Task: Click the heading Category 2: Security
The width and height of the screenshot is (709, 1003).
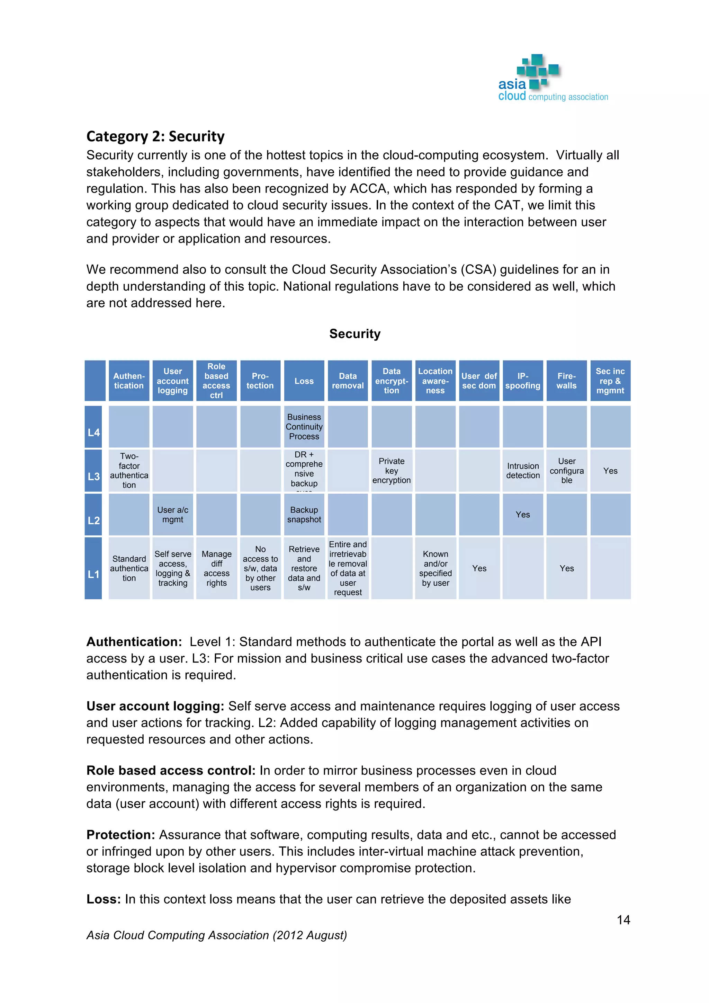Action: [155, 136]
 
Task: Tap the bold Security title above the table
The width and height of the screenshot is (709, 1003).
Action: [354, 334]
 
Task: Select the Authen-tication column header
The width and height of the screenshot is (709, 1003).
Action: [129, 381]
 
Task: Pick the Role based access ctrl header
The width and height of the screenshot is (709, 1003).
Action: [216, 381]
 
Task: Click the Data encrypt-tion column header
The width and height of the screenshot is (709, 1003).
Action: [391, 381]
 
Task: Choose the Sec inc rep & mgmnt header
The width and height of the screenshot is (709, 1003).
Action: [610, 381]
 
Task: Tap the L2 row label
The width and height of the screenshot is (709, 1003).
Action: [93, 520]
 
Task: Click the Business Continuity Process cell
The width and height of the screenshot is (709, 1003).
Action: [304, 427]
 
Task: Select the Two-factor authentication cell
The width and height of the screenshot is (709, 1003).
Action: [129, 470]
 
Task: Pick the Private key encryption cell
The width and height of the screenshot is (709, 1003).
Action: [391, 470]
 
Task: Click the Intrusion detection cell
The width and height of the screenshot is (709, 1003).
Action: [523, 470]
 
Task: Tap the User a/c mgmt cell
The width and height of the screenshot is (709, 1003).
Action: [172, 515]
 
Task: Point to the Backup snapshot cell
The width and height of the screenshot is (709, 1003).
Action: [304, 515]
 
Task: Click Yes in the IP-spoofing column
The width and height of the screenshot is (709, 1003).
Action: [523, 515]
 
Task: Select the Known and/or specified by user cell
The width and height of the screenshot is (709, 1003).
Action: [435, 568]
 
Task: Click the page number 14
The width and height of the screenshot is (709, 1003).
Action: [623, 920]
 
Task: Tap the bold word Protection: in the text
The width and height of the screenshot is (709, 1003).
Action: [120, 835]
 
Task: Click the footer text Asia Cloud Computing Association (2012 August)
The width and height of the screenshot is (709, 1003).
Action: [216, 935]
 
